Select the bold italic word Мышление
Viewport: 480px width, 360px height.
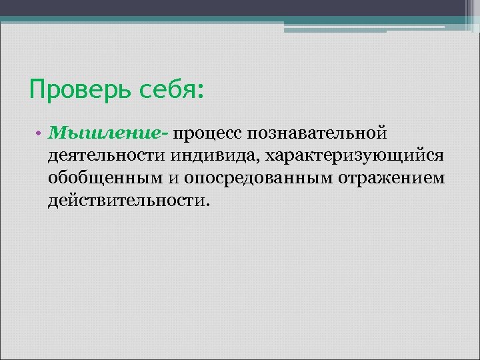[x=107, y=133]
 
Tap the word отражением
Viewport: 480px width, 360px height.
[x=393, y=179]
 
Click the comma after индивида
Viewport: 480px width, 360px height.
[x=261, y=161]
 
